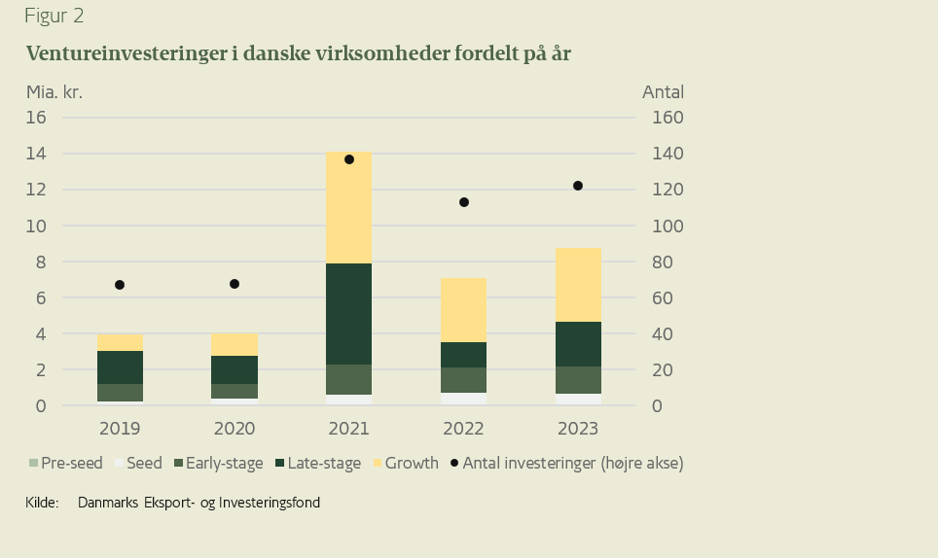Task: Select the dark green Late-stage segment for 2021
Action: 348,313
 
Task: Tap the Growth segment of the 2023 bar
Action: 578,285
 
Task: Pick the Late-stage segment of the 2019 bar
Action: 120,367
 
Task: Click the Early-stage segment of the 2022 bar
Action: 463,380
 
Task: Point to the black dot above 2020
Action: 234,284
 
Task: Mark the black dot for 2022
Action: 464,202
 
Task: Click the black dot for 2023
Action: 578,186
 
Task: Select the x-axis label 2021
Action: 348,429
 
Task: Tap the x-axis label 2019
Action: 120,429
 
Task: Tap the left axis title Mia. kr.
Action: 54,92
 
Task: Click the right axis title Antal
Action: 663,92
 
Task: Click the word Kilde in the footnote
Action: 43,503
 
